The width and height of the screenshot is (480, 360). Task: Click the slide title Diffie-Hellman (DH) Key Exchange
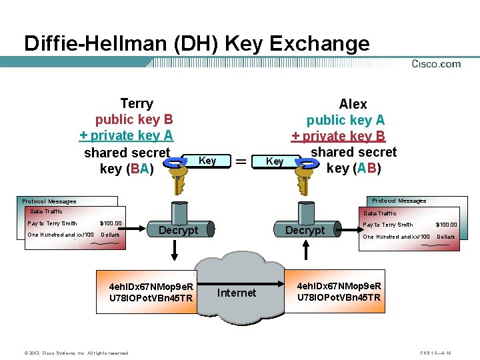coord(197,43)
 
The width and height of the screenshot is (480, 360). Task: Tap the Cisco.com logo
coord(436,64)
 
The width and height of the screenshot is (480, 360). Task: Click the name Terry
coord(137,103)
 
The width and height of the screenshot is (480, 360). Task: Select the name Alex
coord(353,104)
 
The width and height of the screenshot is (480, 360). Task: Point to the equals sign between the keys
coord(241,161)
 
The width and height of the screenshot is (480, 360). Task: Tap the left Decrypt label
coord(179,230)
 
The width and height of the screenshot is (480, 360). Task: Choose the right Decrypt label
coord(305,230)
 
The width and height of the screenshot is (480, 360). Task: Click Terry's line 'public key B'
coord(134,119)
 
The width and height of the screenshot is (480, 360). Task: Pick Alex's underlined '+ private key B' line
coord(339,136)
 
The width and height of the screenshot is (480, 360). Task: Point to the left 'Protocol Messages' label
coord(49,201)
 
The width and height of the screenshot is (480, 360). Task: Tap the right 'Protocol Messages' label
coord(399,201)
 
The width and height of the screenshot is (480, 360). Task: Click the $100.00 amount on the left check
coord(111,223)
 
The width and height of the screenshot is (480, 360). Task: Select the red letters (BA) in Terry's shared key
coord(140,169)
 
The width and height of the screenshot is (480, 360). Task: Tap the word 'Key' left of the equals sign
coord(207,161)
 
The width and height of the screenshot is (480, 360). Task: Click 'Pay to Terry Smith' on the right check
coord(388,225)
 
